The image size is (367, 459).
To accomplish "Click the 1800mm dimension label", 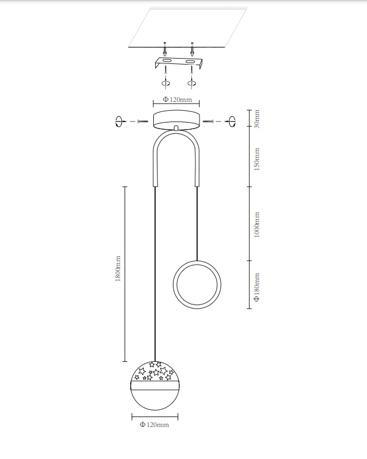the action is tap(118, 268).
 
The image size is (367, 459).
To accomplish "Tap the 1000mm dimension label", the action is tap(256, 225).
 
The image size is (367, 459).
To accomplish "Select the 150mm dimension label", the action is tap(256, 159).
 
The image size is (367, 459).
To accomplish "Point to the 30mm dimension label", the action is tap(256, 118).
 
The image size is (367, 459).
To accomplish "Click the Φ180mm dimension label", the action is tap(256, 287).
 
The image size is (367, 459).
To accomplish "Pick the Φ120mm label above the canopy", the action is tap(178, 99).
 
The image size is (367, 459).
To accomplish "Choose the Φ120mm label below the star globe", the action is tap(154, 425).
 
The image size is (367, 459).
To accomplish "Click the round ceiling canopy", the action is tap(176, 120).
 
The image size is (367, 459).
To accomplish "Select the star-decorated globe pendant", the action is tap(155, 386).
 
